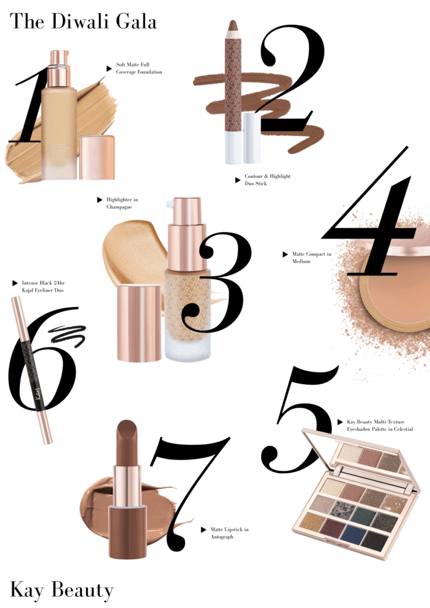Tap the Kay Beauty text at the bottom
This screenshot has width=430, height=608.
pyautogui.click(x=62, y=590)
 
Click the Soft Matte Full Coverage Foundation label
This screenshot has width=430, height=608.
pyautogui.click(x=139, y=68)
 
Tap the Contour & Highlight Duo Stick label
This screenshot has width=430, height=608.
pyautogui.click(x=267, y=179)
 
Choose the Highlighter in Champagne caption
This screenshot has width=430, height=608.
pyautogui.click(x=122, y=203)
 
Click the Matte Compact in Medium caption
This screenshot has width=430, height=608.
pyautogui.click(x=311, y=258)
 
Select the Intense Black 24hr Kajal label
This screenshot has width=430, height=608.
pyautogui.click(x=43, y=287)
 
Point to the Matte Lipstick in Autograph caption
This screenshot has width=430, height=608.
pyautogui.click(x=229, y=533)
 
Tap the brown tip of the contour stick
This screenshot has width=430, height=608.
pyautogui.click(x=233, y=26)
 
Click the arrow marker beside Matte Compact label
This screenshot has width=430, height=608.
pyautogui.click(x=285, y=255)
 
